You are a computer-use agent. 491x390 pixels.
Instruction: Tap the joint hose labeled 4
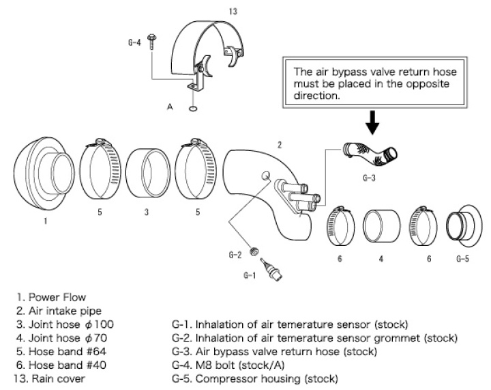pos(382,231)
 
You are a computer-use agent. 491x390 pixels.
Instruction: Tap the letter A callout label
pos(169,107)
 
